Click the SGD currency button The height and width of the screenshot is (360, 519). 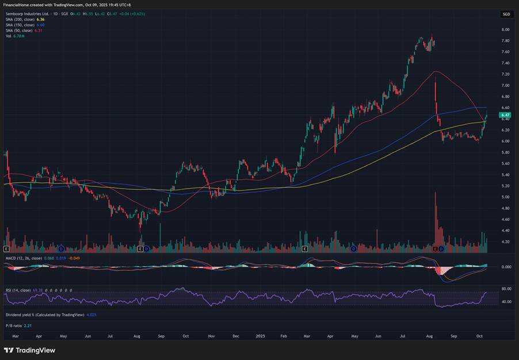tap(506, 14)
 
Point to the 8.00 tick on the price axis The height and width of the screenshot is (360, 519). tap(505, 29)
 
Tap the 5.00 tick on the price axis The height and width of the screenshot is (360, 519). tap(505, 197)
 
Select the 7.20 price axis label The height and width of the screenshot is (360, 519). tap(505, 74)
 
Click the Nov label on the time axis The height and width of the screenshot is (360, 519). tap(211, 335)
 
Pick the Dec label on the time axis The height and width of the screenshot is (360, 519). tap(236, 335)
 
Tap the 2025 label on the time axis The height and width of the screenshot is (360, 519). tap(260, 335)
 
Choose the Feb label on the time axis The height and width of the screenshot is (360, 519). tap(284, 335)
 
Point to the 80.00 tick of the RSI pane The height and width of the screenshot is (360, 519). tap(506, 289)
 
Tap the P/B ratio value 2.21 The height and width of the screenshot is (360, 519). tap(27, 325)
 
